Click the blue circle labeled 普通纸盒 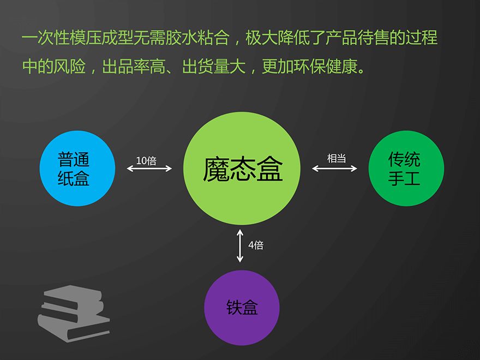click(77, 169)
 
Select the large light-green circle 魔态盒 click(242, 169)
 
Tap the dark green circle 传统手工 click(406, 169)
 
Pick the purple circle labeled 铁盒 click(242, 308)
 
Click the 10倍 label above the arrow click(146, 161)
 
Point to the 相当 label click(337, 158)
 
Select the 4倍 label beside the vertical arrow click(256, 245)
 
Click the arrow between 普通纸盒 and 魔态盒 click(149, 169)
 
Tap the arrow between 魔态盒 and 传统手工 click(334, 169)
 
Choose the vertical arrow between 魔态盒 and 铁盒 click(240, 246)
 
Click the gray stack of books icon click(74, 314)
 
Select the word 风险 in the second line click(69, 66)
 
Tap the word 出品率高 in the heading click(134, 66)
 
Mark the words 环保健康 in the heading click(326, 66)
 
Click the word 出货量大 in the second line click(214, 66)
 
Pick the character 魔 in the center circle click(215, 169)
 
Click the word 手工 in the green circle click(404, 178)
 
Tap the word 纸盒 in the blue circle click(74, 178)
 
